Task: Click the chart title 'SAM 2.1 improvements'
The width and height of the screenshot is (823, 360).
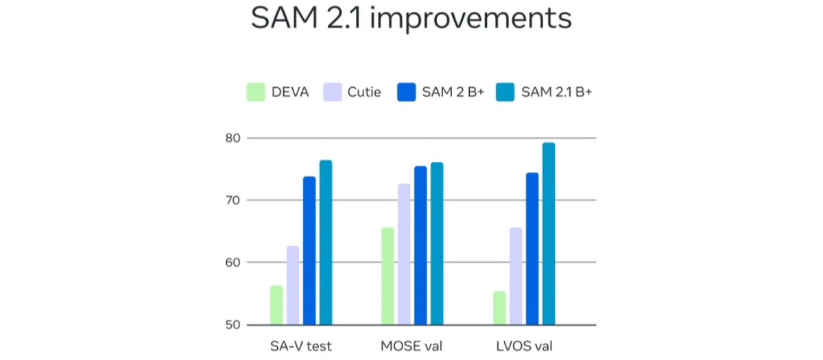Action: tap(411, 19)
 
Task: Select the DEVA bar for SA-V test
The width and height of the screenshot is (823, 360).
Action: tap(276, 305)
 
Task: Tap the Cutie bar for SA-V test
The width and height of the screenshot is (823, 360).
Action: tap(293, 285)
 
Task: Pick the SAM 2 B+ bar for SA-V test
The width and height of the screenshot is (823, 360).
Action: tap(309, 250)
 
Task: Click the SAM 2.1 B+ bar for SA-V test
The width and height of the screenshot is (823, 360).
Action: tap(326, 242)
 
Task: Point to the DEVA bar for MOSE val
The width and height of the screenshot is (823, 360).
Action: tap(387, 276)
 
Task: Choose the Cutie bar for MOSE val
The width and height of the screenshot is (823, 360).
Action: tap(404, 254)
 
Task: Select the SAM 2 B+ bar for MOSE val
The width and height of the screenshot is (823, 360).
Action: tap(420, 245)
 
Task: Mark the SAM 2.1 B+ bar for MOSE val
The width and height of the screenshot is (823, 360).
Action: tap(437, 243)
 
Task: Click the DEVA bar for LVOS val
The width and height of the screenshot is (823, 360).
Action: tap(499, 308)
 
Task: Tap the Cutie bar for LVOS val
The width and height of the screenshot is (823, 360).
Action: tap(516, 276)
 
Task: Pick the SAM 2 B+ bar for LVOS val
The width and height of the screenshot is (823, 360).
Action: tap(532, 248)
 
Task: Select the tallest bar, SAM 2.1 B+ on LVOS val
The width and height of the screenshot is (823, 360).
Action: tap(549, 233)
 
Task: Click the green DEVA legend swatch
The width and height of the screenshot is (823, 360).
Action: tap(256, 92)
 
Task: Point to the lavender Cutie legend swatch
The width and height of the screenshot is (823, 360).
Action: tap(332, 92)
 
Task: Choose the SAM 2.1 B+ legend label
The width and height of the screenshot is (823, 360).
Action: tap(556, 92)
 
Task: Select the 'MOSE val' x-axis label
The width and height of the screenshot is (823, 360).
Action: tap(411, 346)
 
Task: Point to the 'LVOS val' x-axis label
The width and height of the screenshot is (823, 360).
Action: tap(524, 346)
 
